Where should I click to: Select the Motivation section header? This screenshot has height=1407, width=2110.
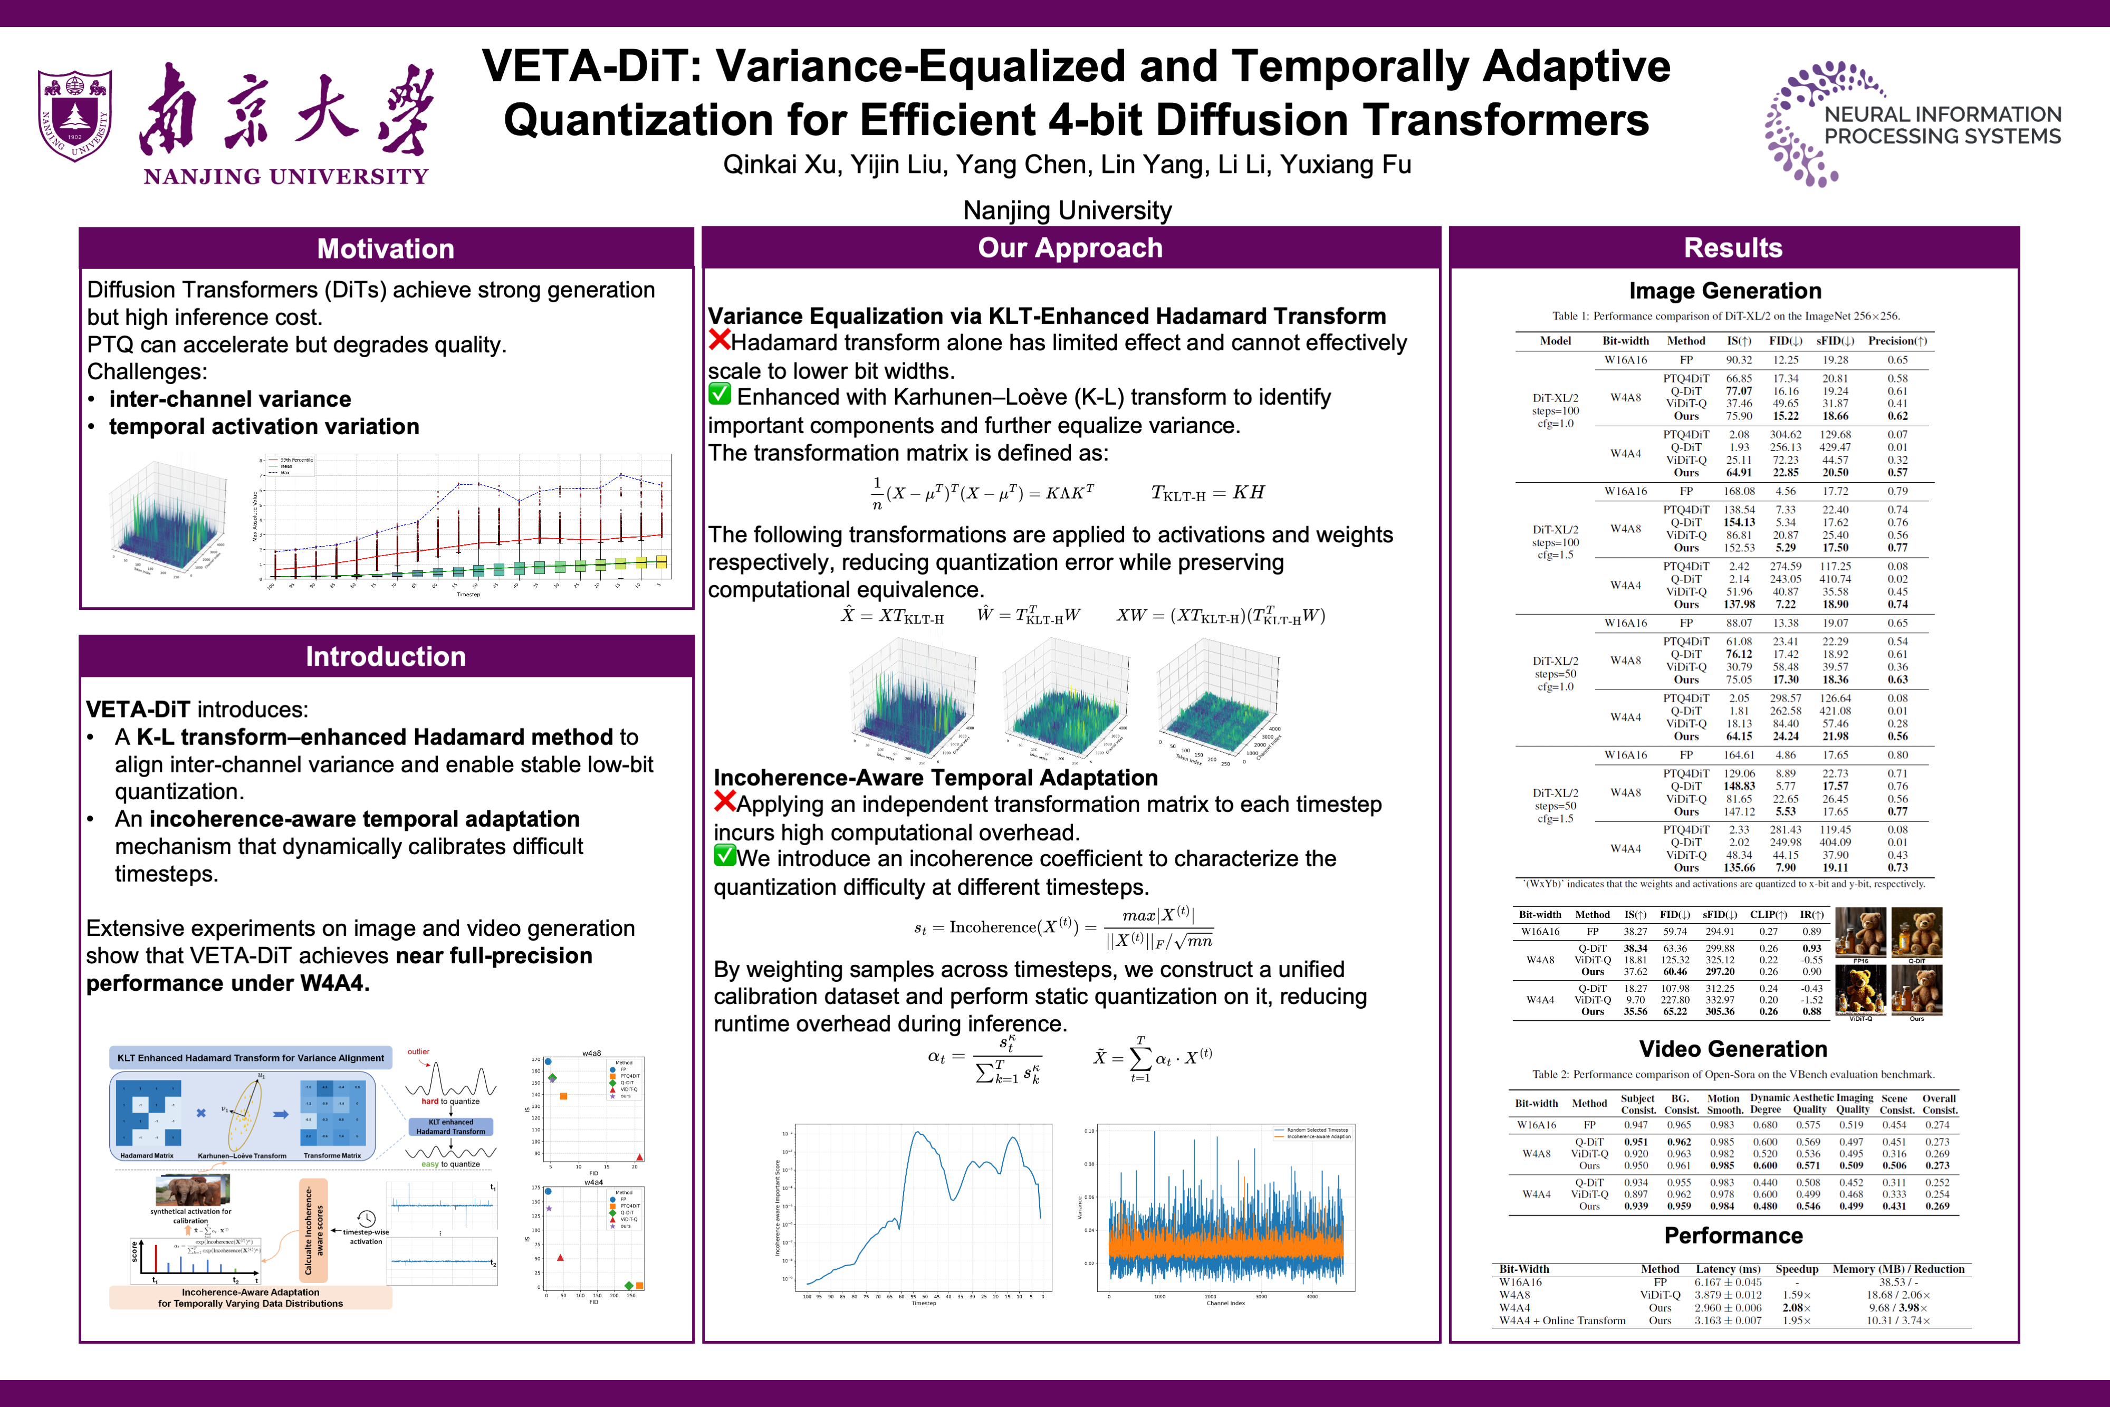pyautogui.click(x=386, y=248)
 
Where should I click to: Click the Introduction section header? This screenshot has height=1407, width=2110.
pyautogui.click(x=386, y=656)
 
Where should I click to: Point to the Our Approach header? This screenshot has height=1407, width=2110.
pyautogui.click(x=1070, y=247)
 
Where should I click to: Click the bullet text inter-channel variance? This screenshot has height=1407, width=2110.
pyautogui.click(x=229, y=399)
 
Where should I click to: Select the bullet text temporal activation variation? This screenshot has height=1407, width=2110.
pyautogui.click(x=264, y=426)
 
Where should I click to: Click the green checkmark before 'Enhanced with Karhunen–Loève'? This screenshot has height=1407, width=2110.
pyautogui.click(x=720, y=394)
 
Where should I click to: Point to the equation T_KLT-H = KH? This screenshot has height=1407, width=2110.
pyautogui.click(x=1207, y=493)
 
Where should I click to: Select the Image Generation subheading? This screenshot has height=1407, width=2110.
pyautogui.click(x=1724, y=291)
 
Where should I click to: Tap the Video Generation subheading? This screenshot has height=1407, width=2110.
pyautogui.click(x=1732, y=1049)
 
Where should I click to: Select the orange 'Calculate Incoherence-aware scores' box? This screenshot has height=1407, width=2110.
pyautogui.click(x=313, y=1229)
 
